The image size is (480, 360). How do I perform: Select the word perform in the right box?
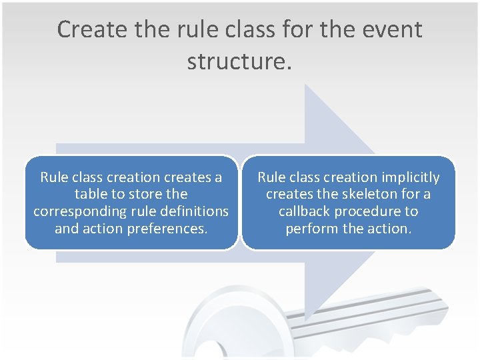[310, 229]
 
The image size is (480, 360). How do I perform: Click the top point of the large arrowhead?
[306, 85]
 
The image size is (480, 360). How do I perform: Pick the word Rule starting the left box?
[54, 177]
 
